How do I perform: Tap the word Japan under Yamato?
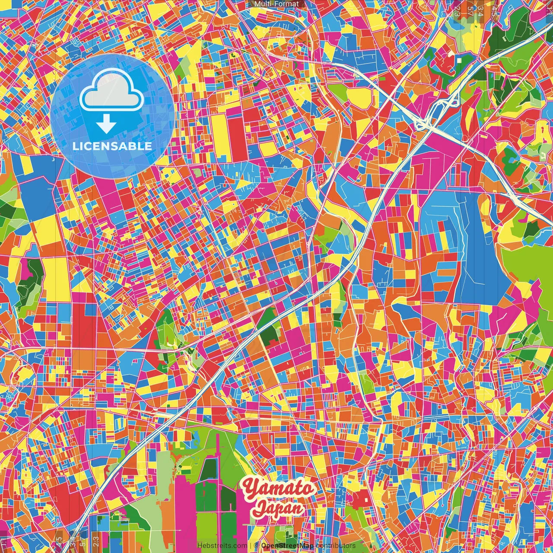coord(278,508)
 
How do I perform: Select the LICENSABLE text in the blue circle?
coord(112,146)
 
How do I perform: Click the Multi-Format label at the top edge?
coord(276,4)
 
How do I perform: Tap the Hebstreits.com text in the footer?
coord(222,546)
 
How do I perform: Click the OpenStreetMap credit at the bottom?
coord(287,546)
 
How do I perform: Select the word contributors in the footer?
coord(335,546)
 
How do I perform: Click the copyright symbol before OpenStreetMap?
coord(256,546)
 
